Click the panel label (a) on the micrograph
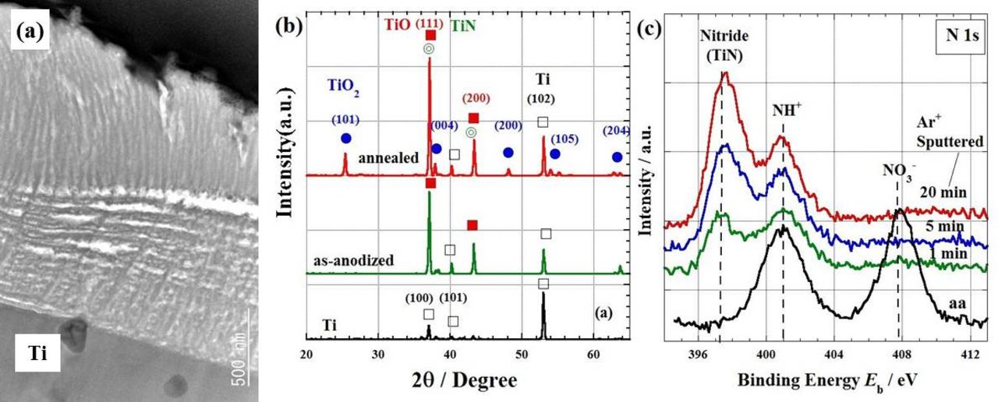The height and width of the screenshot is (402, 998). pos(30,33)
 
